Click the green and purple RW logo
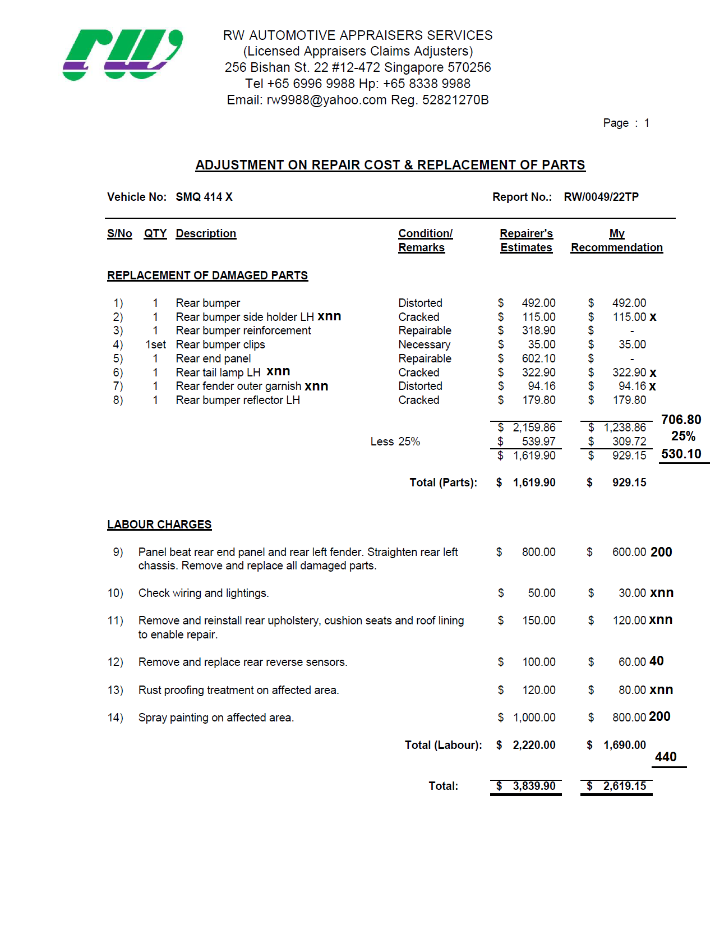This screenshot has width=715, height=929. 122,54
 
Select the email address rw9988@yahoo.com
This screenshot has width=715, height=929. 326,100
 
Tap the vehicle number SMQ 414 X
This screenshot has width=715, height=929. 204,197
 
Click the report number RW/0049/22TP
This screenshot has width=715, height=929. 601,197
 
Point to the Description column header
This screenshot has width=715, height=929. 206,233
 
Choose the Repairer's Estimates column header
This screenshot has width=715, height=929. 526,240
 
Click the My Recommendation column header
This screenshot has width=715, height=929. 616,240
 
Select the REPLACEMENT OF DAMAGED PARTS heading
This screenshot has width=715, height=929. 207,275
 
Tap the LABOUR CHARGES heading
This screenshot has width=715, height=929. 159,525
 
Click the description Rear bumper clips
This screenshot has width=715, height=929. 220,344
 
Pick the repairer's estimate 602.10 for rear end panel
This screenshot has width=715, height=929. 539,358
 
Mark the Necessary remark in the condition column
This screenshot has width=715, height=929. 425,344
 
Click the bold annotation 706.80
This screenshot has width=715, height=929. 681,420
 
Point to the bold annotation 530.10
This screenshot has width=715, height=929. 681,454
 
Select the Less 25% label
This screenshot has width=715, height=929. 395,441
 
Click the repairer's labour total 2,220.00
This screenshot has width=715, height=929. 534,745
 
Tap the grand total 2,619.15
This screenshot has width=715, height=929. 624,786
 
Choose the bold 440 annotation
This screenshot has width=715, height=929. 666,757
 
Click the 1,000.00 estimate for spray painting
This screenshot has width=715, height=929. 534,718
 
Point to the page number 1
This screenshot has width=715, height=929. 647,123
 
